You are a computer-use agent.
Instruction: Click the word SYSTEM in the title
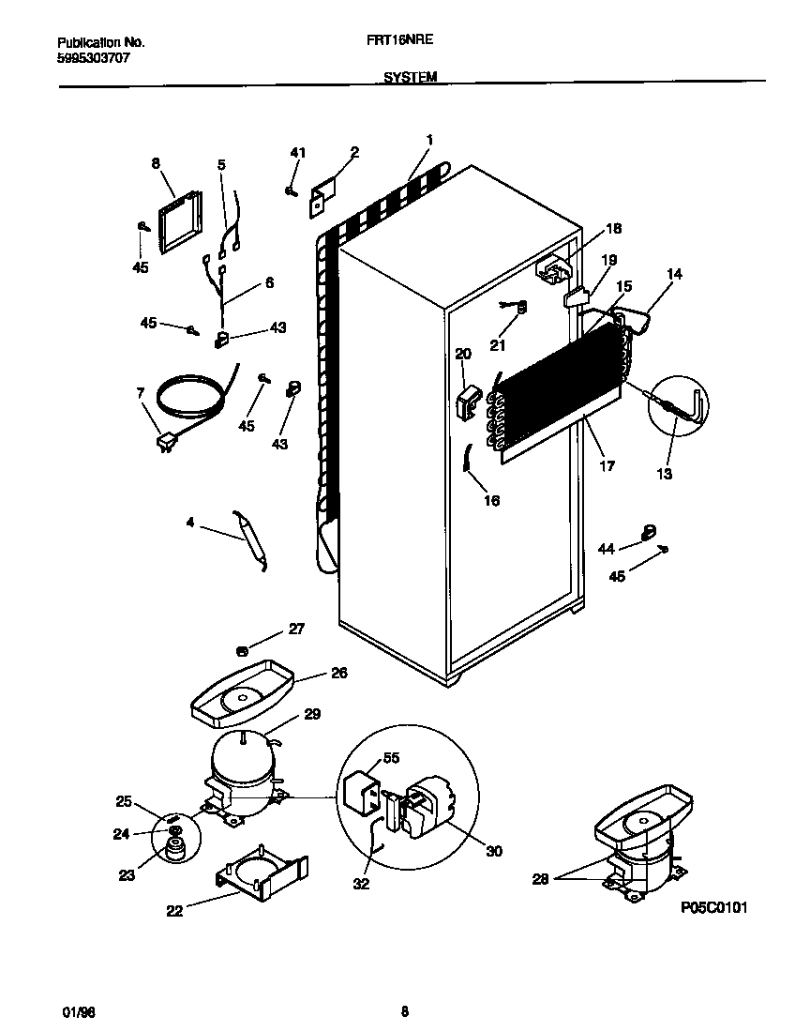410,79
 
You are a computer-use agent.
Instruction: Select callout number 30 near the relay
494,851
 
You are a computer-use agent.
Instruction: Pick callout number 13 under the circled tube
664,474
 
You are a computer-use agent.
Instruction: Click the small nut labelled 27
242,650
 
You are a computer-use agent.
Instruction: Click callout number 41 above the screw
297,152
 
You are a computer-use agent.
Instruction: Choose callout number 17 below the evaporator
607,465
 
